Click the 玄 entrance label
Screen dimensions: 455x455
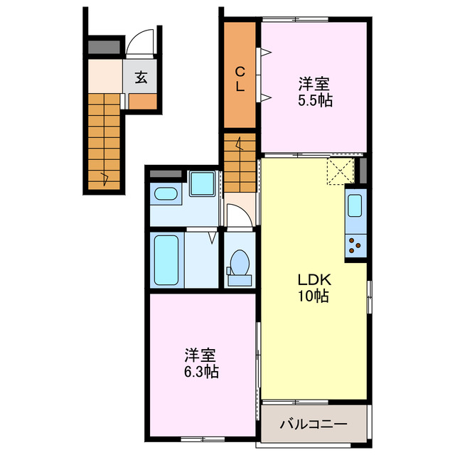pyautogui.click(x=141, y=77)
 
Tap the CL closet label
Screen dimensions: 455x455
pyautogui.click(x=241, y=78)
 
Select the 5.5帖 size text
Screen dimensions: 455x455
pyautogui.click(x=314, y=100)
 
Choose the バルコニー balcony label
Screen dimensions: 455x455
pyautogui.click(x=314, y=424)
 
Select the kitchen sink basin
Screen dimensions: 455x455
pyautogui.click(x=355, y=207)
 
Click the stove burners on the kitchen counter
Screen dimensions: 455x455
pyautogui.click(x=354, y=247)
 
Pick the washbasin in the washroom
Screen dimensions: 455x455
pyautogui.click(x=166, y=194)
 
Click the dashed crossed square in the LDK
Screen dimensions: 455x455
pyautogui.click(x=340, y=171)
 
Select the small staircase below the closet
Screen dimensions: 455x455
pyautogui.click(x=240, y=161)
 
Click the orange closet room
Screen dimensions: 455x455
pyautogui.click(x=240, y=100)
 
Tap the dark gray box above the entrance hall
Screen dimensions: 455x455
pyautogui.click(x=105, y=48)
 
